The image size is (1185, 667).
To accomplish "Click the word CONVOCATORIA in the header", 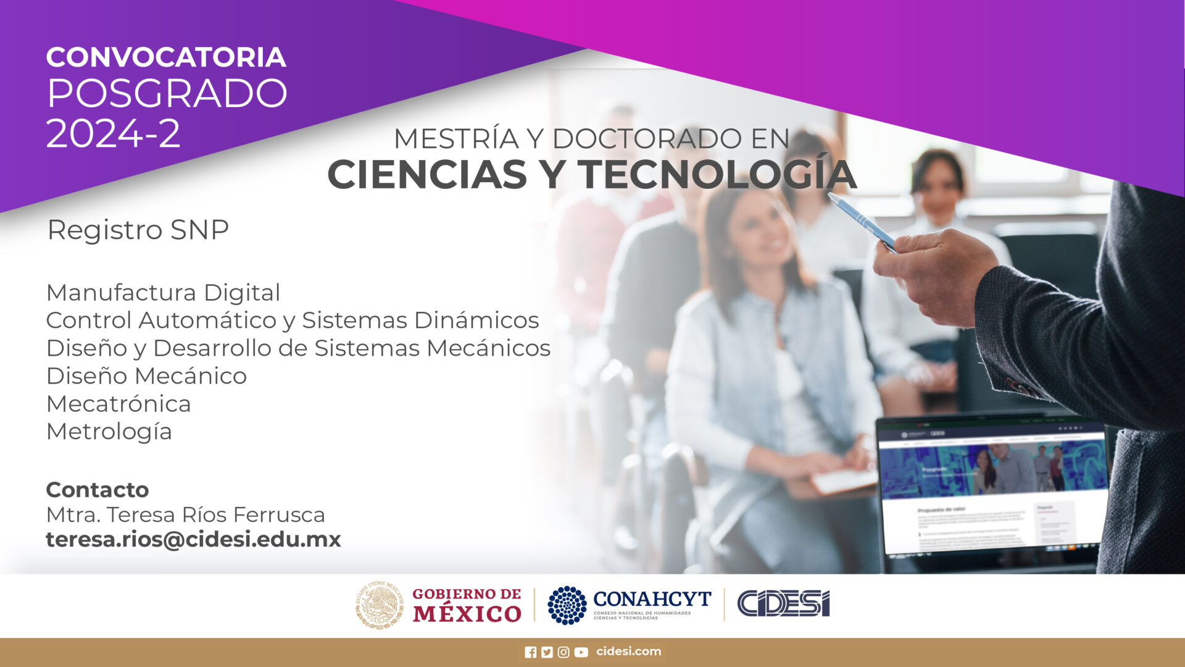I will point(165,57).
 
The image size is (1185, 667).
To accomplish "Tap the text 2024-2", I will point(114,133).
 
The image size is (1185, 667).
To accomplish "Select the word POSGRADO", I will point(167,94).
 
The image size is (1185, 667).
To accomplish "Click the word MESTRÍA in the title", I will point(455,138).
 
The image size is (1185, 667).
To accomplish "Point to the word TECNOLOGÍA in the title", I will point(717,174).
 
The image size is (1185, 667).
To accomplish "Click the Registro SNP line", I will point(138,230).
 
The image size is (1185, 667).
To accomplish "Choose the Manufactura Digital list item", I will point(163,292).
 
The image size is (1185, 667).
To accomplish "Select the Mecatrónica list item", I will point(118,404).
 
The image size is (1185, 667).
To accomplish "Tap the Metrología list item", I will point(109,432).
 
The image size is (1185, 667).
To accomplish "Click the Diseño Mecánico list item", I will point(146,375).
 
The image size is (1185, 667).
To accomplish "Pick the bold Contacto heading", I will point(98,490).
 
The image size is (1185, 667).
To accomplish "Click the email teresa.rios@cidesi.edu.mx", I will point(193,539).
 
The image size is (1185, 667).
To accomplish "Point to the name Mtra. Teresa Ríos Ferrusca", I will point(185,514).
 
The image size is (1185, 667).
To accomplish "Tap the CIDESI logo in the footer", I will point(783,603).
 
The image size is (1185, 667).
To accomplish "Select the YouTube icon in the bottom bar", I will point(581,652).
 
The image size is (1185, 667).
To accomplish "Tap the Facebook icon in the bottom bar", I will point(530,652).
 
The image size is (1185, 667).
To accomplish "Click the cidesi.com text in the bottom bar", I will point(628,652).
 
